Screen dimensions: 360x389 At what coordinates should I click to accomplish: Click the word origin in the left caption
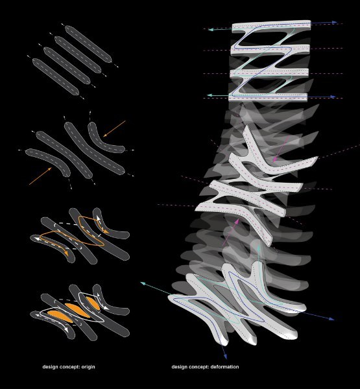(88, 367)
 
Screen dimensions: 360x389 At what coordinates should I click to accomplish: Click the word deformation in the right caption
(224, 367)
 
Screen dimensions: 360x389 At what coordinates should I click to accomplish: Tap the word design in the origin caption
(50, 367)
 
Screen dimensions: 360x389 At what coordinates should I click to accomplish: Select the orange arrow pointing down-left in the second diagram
(114, 129)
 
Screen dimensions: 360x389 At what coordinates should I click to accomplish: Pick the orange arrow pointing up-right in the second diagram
(40, 176)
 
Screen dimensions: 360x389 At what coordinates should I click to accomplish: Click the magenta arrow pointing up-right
(231, 232)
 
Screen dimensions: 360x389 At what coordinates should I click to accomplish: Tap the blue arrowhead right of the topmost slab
(333, 22)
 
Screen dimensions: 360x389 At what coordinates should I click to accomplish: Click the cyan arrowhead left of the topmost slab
(211, 30)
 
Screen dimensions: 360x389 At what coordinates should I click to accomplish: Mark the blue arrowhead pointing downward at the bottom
(225, 356)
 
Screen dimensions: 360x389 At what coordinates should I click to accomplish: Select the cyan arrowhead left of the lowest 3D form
(143, 283)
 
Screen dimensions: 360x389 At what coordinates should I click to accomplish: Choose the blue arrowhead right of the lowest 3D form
(331, 318)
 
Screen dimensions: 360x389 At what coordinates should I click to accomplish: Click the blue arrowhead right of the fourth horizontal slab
(333, 97)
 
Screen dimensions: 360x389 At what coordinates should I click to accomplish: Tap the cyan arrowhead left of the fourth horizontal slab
(210, 95)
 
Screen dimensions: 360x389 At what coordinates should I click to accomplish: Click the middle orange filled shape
(77, 310)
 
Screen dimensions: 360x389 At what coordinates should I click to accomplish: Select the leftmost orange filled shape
(60, 316)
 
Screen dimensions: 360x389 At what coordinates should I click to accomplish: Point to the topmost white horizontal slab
(271, 27)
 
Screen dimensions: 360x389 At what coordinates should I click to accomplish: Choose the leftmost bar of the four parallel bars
(56, 77)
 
